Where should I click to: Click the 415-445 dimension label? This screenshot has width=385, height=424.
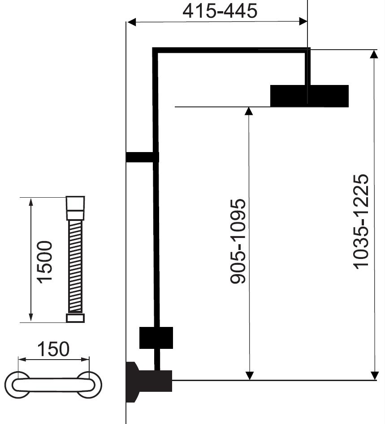(x=220, y=11)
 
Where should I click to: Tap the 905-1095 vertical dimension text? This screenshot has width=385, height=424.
(x=238, y=241)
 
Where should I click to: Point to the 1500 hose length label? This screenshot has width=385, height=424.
(x=44, y=262)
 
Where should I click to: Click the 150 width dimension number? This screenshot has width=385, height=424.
(x=53, y=349)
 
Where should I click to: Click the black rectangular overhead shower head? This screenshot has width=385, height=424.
(x=309, y=96)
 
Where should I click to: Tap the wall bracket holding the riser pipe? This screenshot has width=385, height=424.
(x=142, y=157)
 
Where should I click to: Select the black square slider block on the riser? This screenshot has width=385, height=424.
(x=156, y=338)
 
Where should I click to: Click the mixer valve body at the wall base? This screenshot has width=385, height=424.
(x=149, y=381)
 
